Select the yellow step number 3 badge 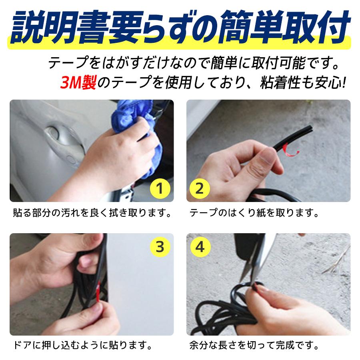[x=160, y=247]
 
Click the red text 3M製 [x=78, y=84]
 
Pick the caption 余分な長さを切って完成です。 [x=254, y=344]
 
